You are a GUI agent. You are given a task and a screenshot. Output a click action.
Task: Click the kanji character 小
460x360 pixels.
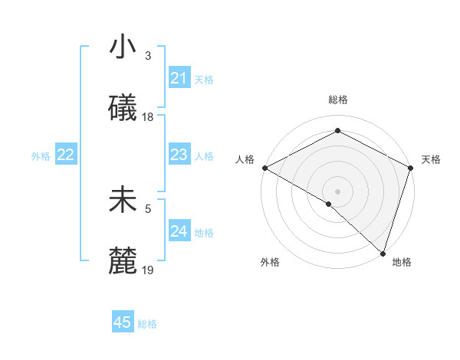click(123, 47)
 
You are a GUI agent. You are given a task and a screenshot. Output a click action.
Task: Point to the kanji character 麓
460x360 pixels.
click(123, 260)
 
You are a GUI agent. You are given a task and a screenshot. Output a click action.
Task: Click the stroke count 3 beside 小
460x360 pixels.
click(148, 56)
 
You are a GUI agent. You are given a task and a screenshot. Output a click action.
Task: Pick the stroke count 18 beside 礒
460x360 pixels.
click(148, 117)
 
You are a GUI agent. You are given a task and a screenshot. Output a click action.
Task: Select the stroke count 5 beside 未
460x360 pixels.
click(148, 207)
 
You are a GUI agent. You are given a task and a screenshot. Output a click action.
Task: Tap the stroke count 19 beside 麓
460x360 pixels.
click(148, 270)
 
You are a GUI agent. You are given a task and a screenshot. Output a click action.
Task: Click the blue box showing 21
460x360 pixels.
click(179, 78)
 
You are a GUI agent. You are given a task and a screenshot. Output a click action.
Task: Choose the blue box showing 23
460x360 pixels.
click(179, 155)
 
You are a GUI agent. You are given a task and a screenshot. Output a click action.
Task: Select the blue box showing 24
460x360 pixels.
click(179, 231)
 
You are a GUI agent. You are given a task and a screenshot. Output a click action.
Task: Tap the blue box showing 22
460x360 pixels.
click(65, 155)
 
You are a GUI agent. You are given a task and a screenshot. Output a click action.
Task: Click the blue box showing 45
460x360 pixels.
click(123, 322)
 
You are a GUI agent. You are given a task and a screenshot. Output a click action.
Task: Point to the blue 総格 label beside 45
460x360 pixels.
click(147, 324)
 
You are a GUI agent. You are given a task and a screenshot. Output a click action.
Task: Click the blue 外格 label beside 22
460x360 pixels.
click(41, 156)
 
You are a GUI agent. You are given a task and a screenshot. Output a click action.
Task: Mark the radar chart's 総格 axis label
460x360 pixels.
click(337, 100)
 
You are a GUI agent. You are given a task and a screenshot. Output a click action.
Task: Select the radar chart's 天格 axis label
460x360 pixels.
click(431, 159)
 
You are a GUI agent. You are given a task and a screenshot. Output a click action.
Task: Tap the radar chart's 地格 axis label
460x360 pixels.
click(402, 263)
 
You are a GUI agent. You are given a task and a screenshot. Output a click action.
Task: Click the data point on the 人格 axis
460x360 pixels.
click(264, 168)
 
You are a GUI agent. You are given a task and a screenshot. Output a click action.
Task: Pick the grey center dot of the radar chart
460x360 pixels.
click(337, 191)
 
